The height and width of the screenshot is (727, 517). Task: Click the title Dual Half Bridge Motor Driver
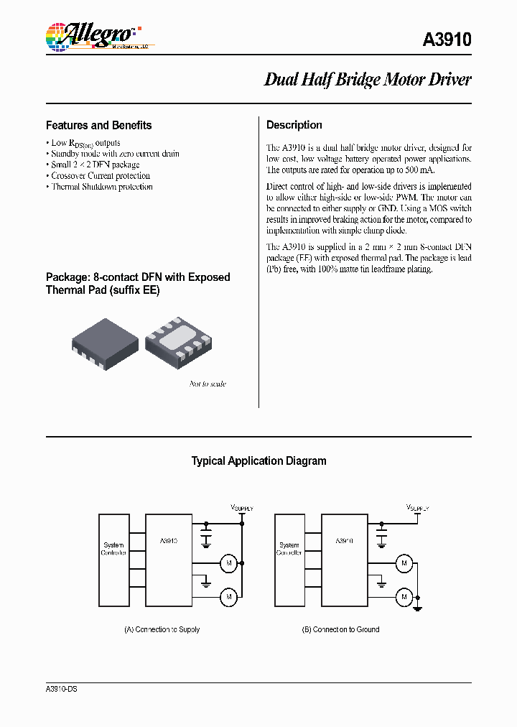368,80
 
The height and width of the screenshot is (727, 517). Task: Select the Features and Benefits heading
99,125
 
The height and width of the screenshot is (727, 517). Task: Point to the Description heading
294,125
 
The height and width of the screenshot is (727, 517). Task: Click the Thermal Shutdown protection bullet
101,187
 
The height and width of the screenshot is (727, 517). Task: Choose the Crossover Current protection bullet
101,176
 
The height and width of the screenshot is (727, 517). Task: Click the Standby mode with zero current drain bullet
115,154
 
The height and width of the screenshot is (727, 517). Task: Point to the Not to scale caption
208,384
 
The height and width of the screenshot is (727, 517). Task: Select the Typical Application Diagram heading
258,461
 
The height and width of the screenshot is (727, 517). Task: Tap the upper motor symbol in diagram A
228,563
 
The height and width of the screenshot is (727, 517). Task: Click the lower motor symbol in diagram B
404,596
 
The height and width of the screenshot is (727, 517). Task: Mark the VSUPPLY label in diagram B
417,507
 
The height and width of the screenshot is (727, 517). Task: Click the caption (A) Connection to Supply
162,629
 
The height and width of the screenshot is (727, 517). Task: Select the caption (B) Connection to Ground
340,629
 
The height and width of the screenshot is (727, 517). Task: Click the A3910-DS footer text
62,689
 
